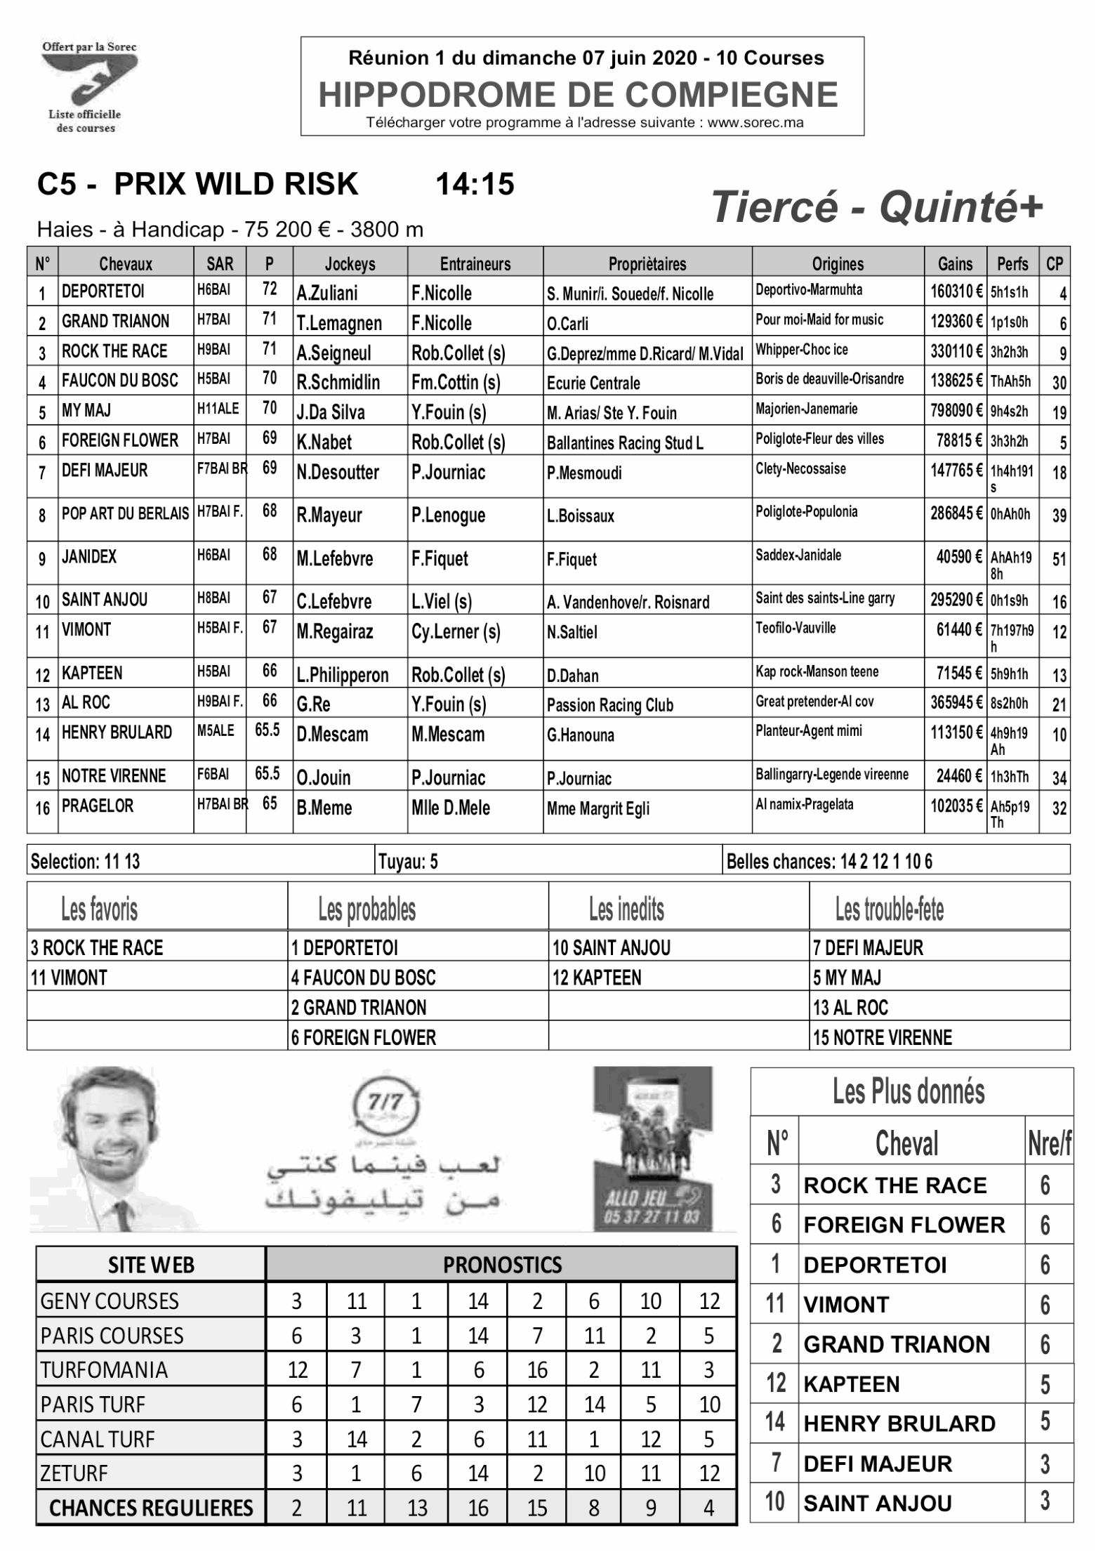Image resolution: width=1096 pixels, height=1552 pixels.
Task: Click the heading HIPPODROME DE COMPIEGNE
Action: click(x=578, y=95)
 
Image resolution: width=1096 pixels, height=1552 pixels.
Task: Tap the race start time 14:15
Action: click(x=475, y=185)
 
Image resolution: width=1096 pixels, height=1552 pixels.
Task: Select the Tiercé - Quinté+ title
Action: click(x=878, y=208)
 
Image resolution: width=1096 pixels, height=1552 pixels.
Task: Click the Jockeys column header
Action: click(x=350, y=264)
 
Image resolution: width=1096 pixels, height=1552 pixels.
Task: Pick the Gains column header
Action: click(x=955, y=264)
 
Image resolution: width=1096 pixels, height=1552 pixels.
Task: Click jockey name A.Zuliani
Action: click(x=327, y=293)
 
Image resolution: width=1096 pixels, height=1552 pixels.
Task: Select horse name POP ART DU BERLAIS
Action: click(x=125, y=514)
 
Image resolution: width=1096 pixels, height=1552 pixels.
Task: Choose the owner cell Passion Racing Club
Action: click(x=609, y=705)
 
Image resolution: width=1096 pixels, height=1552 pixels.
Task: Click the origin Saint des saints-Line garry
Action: click(x=825, y=599)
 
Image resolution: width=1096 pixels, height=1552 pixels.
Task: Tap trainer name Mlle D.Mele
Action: click(x=450, y=808)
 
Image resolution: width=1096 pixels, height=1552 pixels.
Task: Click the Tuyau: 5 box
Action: click(x=409, y=862)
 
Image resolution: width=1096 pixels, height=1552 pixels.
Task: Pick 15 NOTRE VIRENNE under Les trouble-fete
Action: click(x=882, y=1037)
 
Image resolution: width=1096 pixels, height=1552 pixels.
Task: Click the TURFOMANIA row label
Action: click(x=104, y=1370)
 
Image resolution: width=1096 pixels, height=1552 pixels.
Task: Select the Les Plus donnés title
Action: click(x=909, y=1092)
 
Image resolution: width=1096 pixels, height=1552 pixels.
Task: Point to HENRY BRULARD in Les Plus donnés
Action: click(x=899, y=1423)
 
